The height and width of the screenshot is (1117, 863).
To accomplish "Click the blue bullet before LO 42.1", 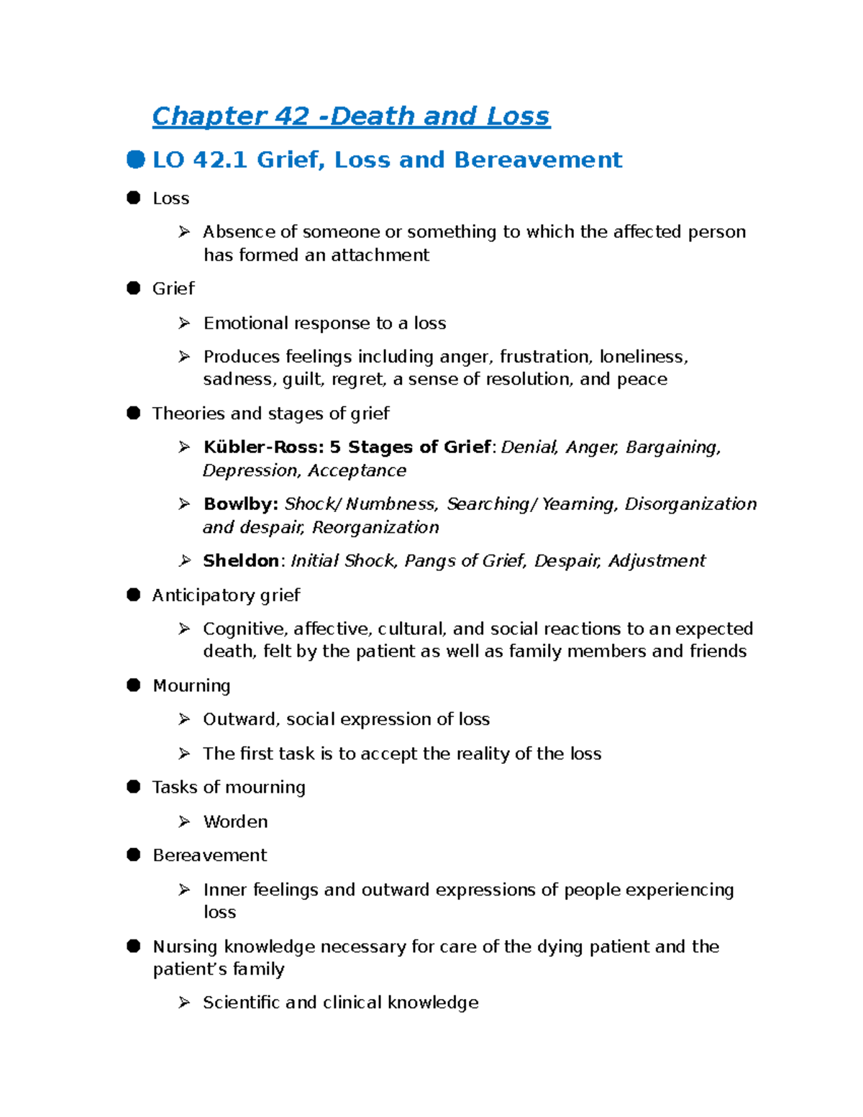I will (x=135, y=159).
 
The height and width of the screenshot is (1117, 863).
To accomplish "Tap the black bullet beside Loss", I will (x=134, y=198).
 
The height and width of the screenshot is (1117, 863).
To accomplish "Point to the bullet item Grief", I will (x=173, y=288).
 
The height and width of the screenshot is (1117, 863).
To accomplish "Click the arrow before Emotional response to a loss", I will (x=184, y=323).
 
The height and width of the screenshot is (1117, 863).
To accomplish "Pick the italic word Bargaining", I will (x=672, y=447).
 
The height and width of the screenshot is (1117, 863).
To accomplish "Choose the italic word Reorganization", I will (x=375, y=527).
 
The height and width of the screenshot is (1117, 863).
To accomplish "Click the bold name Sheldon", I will (x=241, y=561).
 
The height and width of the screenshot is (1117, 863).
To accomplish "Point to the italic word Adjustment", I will (x=657, y=561).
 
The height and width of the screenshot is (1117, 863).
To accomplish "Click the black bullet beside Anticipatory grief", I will (x=134, y=595).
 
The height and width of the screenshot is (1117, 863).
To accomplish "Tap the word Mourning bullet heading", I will (x=191, y=685).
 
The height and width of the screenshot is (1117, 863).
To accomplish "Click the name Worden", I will (x=235, y=821).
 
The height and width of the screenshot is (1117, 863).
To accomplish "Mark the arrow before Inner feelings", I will (x=184, y=890).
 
